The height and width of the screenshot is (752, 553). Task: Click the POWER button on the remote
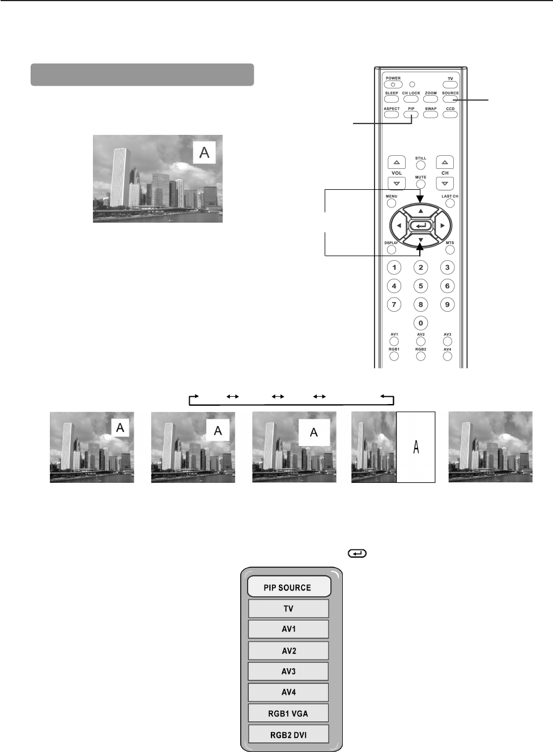(x=393, y=84)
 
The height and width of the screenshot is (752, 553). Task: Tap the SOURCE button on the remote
(x=450, y=99)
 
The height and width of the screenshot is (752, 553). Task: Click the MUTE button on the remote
(x=420, y=185)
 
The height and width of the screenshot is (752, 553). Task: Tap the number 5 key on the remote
(x=420, y=286)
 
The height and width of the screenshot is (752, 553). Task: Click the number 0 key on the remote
(x=420, y=323)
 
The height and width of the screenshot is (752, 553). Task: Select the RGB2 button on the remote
(x=420, y=356)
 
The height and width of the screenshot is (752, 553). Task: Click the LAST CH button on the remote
(x=450, y=203)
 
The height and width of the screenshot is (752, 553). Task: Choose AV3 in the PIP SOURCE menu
(x=288, y=672)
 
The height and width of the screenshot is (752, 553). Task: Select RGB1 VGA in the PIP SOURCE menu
(x=288, y=713)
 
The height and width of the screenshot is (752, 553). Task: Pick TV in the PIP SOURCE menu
(x=288, y=609)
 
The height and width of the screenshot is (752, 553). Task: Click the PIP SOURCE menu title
(x=288, y=588)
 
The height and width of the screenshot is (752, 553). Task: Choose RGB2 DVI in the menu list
(x=288, y=734)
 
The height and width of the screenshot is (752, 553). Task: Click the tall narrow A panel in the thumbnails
(x=416, y=447)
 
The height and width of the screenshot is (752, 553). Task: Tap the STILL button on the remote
(x=420, y=165)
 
